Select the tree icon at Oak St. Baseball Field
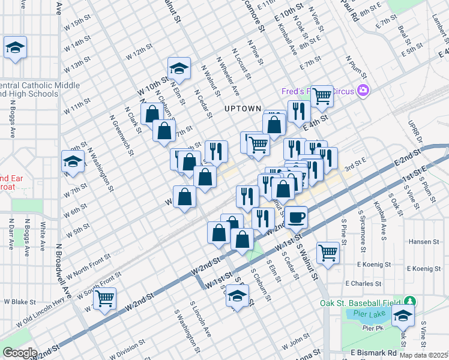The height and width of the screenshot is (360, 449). pos(410,301)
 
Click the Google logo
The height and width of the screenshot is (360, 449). pos(20,353)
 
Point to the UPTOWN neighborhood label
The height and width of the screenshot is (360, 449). pos(243,109)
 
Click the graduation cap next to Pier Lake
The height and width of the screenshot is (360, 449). pos(403,315)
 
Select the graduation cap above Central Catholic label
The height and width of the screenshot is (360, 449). pos(15,47)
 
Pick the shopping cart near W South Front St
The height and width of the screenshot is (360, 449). pos(105,297)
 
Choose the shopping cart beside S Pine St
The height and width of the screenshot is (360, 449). pos(328,252)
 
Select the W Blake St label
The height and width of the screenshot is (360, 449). pos(21,302)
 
